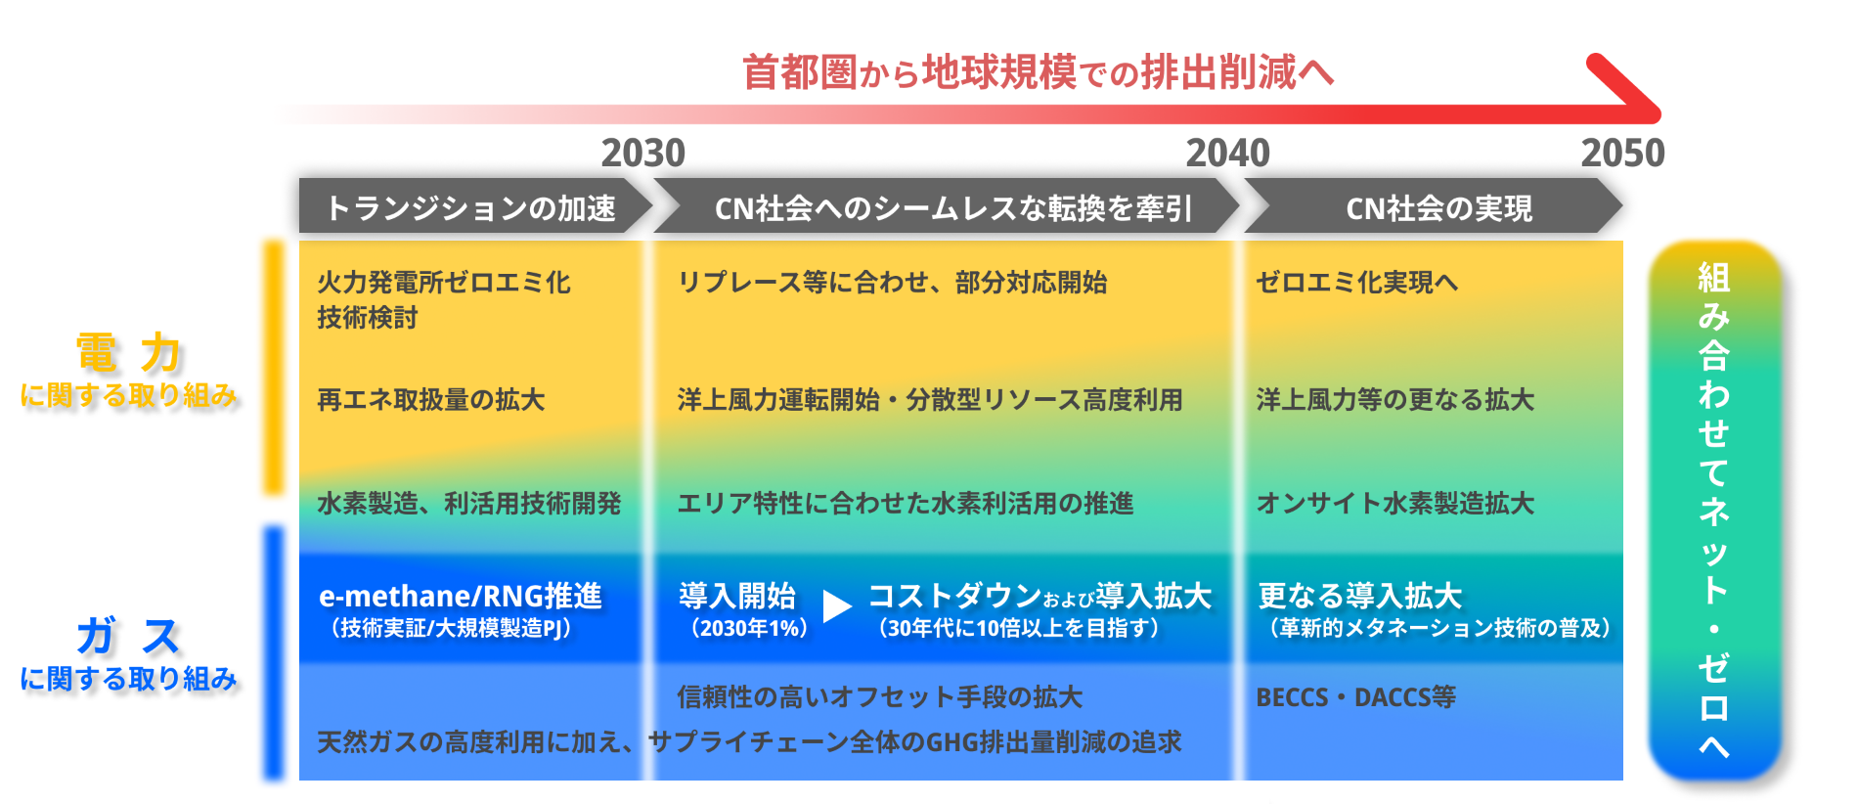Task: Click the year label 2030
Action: pos(642,153)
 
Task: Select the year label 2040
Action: pos(1227,153)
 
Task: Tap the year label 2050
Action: pos(1622,153)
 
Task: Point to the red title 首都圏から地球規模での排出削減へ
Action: pos(1038,72)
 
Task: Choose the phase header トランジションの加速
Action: pos(470,207)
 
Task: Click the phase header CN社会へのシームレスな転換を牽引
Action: pos(952,207)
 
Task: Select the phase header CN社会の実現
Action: pos(1438,207)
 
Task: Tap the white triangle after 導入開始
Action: pos(836,606)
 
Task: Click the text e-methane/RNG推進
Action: pos(460,596)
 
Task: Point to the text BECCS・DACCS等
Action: pos(1355,697)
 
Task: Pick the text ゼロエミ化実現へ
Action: pos(1356,283)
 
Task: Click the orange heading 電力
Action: pos(128,352)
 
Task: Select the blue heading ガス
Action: pos(128,636)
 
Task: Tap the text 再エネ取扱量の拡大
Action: pos(430,400)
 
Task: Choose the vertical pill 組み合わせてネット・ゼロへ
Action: pos(1714,510)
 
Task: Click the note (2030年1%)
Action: pos(749,628)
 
